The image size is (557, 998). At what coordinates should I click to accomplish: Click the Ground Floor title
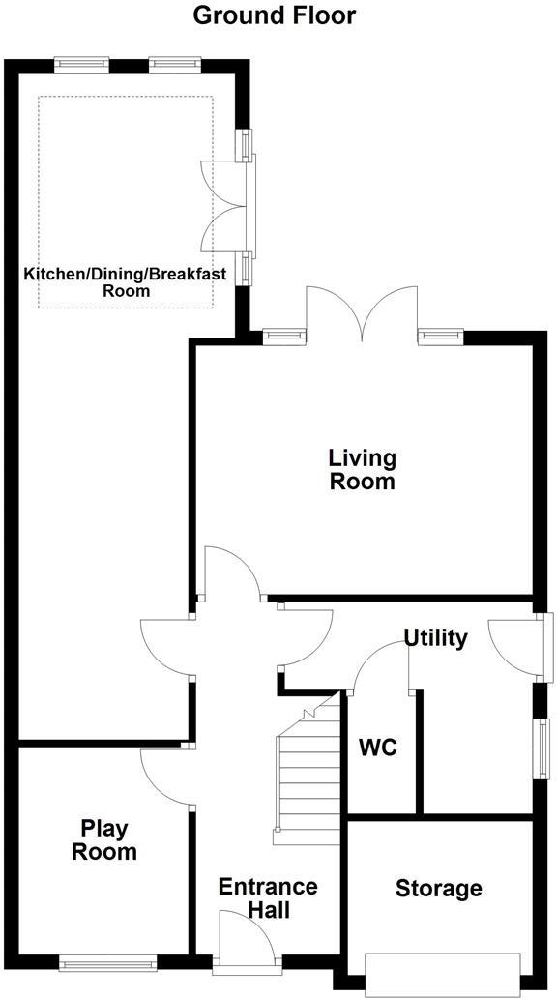[x=261, y=15]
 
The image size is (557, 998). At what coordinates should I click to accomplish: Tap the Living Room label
[x=363, y=469]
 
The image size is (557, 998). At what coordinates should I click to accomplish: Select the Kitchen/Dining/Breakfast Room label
[x=126, y=281]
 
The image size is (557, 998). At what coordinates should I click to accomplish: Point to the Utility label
[x=435, y=638]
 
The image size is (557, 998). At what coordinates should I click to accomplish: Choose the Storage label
[x=438, y=888]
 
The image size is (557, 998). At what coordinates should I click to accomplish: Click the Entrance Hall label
[x=254, y=898]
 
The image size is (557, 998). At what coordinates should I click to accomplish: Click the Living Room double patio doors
[x=363, y=314]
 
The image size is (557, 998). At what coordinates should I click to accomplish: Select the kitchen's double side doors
[x=224, y=208]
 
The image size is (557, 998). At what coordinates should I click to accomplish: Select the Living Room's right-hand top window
[x=440, y=336]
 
